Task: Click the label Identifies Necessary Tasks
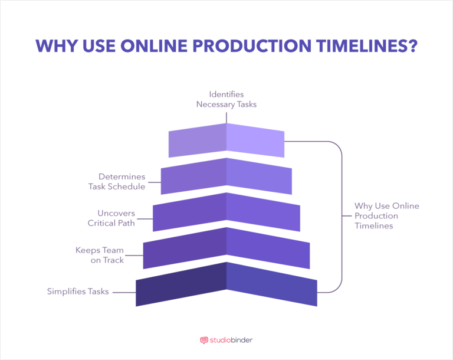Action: click(226, 99)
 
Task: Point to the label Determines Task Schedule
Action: click(113, 182)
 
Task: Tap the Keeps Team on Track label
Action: click(100, 254)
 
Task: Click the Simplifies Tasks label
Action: click(78, 292)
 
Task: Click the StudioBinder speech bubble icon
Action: click(204, 341)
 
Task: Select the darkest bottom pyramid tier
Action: click(226, 284)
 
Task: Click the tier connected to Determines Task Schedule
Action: click(226, 176)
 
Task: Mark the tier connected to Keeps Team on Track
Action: click(226, 248)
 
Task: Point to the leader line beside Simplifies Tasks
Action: click(124, 292)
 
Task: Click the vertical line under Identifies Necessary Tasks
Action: click(226, 116)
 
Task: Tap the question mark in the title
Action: click(411, 47)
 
